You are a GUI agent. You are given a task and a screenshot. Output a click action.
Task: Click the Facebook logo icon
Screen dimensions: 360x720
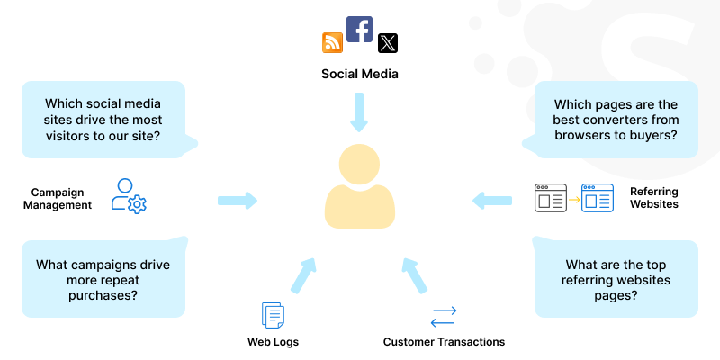[359, 29]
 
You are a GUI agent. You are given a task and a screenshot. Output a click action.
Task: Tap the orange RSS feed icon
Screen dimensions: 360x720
[332, 42]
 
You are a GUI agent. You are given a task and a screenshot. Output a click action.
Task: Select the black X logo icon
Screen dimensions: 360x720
[388, 42]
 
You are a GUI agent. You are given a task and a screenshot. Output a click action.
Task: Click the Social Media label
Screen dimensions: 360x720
[359, 74]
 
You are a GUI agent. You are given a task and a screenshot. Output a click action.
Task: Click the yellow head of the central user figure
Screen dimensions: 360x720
[359, 164]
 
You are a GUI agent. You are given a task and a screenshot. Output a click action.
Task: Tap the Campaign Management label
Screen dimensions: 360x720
[62, 198]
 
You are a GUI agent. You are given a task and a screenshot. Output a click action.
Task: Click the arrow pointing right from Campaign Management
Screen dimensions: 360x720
[238, 200]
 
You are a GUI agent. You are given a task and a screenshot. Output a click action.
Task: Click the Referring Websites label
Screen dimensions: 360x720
[654, 198]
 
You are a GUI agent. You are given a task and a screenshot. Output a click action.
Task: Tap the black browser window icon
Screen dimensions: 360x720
[550, 197]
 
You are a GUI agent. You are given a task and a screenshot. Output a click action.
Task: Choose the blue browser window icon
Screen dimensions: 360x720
[598, 197]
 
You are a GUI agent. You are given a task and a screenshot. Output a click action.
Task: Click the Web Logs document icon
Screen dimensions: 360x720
[273, 315]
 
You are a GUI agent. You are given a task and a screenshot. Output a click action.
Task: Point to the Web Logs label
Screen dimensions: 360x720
[273, 342]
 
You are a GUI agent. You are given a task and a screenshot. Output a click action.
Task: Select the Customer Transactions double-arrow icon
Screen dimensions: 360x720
[444, 316]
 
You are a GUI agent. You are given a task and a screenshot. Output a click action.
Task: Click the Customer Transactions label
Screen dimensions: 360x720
[444, 342]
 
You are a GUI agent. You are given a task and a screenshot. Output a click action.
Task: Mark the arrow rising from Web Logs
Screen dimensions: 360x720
[304, 274]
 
